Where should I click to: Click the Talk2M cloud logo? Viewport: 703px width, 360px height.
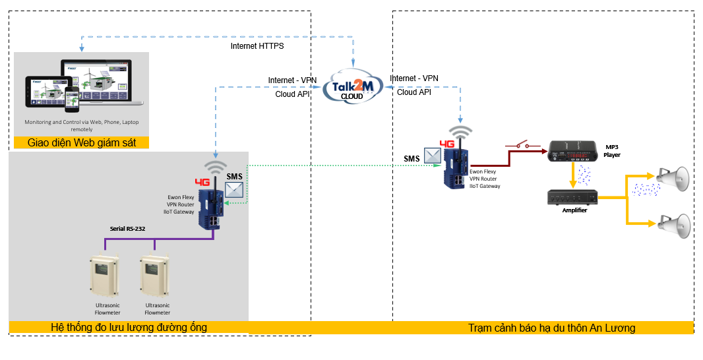point(353,87)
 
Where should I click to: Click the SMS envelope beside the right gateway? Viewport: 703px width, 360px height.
point(433,156)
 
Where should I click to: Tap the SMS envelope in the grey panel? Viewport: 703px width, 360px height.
point(234,190)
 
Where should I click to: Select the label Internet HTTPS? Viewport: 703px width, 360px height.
point(257,46)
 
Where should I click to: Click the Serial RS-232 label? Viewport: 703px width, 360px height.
point(127,229)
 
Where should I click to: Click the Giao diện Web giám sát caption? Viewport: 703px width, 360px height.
point(81,142)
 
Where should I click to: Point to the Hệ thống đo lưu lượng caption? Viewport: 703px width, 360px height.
point(129,327)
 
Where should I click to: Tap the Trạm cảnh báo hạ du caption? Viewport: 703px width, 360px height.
point(551,328)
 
